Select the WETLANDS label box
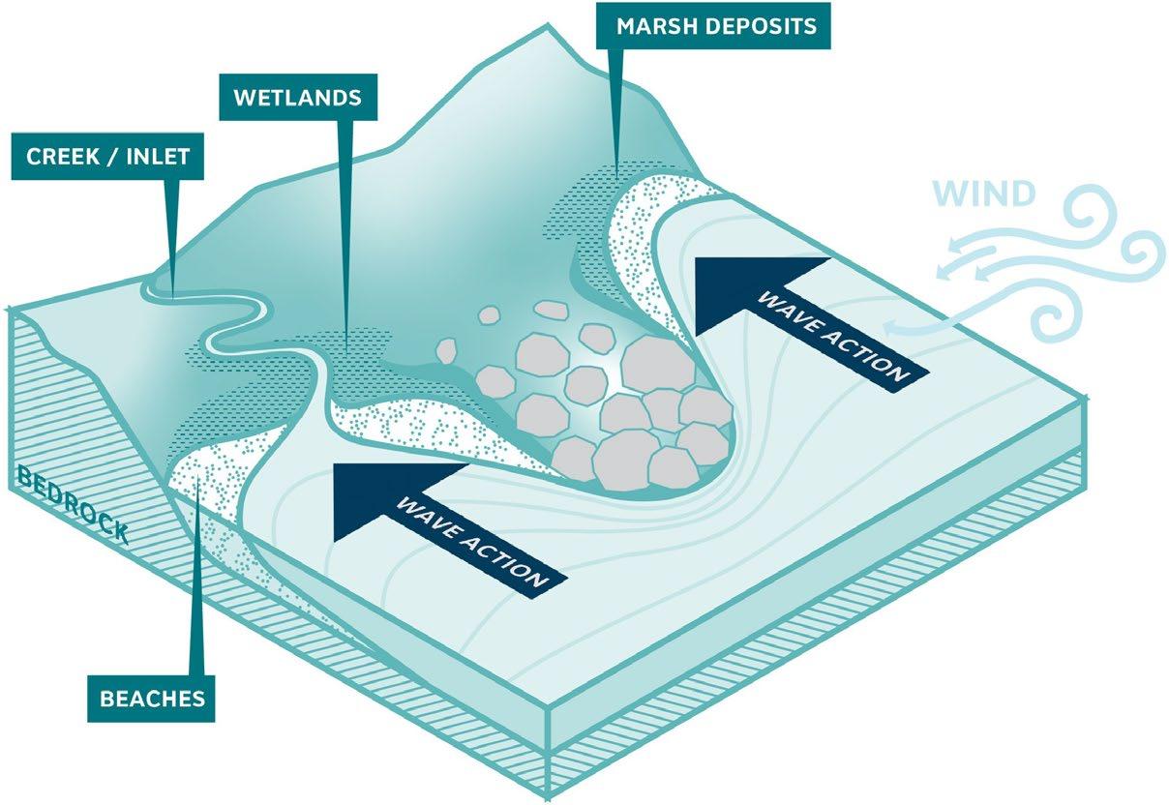tap(298, 98)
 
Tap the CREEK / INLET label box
tap(107, 156)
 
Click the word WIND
tap(985, 194)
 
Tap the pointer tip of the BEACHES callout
tap(199, 471)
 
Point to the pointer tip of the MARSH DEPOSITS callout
tap(615, 164)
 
